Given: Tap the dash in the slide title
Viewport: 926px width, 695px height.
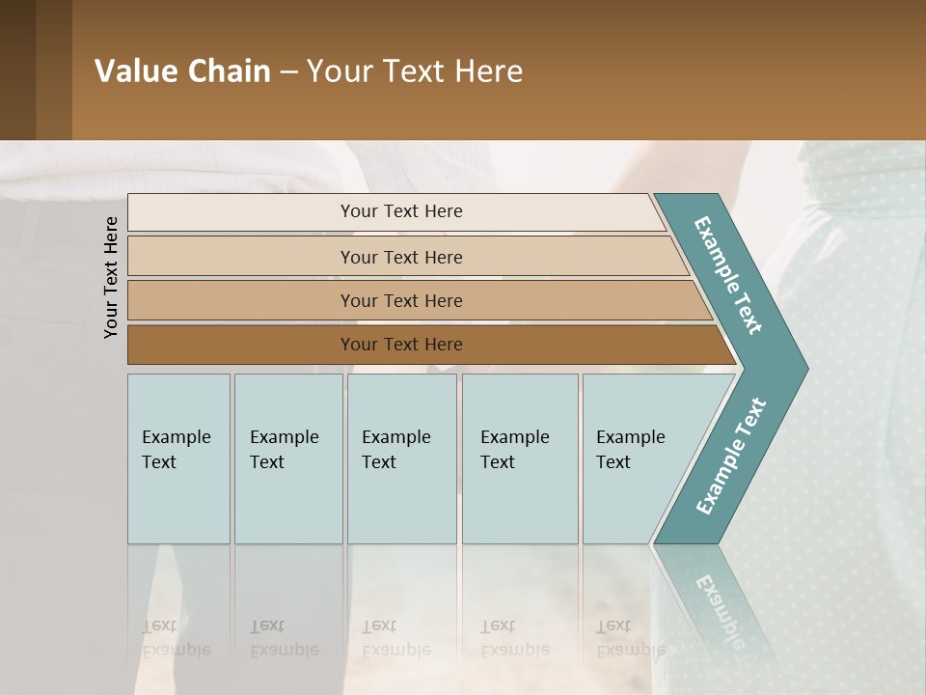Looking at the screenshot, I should pyautogui.click(x=288, y=72).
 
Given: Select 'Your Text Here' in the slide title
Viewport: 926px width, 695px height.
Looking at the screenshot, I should pyautogui.click(x=415, y=71).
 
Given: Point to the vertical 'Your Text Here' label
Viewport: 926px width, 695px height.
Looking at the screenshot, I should pyautogui.click(x=111, y=277).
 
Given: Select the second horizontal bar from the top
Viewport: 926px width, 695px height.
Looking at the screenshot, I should pyautogui.click(x=401, y=257).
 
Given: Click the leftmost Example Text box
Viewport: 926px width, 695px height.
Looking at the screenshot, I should pyautogui.click(x=178, y=458).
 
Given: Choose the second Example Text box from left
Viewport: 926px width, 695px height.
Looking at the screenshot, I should pyautogui.click(x=287, y=458).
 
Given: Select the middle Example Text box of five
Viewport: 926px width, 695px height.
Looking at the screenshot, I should pyautogui.click(x=401, y=458).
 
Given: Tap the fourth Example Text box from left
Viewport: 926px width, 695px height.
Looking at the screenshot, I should pyautogui.click(x=519, y=458).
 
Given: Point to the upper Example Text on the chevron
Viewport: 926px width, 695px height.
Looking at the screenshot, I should pyautogui.click(x=728, y=275).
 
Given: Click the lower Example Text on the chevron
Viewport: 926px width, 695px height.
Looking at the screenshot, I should pyautogui.click(x=730, y=457).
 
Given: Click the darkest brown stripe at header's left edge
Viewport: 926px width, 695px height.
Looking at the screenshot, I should pyautogui.click(x=17, y=69).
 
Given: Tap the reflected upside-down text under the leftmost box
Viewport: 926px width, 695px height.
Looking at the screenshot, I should pyautogui.click(x=177, y=638).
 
